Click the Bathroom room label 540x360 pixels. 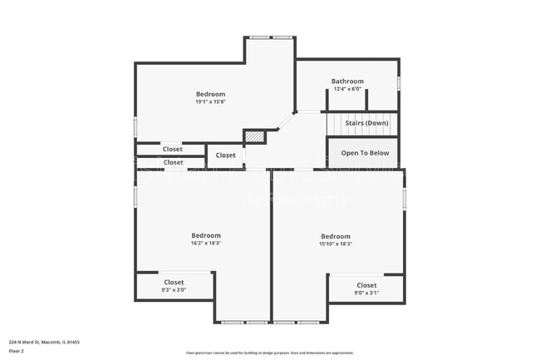coord(349,81)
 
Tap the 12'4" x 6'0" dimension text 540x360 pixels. coord(349,89)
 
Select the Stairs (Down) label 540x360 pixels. coord(366,123)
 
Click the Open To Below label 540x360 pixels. coord(365,153)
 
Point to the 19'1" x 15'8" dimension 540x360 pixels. coord(210,102)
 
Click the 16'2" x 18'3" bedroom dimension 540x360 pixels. coord(206,244)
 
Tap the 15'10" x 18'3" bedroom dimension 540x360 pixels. coord(336,244)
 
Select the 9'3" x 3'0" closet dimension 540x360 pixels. coord(174,290)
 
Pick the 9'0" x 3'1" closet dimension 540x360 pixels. coord(366,293)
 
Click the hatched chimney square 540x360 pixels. coord(253,136)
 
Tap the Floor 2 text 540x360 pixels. coord(17,351)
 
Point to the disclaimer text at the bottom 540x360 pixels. coord(269,353)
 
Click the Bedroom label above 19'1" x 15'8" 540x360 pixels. coord(210,94)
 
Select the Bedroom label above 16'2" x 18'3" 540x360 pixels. coord(206,235)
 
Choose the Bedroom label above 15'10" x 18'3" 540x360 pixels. coord(336,236)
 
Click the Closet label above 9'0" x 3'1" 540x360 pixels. coord(366,285)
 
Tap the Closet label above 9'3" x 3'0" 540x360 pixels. coord(174,283)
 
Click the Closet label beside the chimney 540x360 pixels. coord(226,155)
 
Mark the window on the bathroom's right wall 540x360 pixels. coord(399,84)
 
